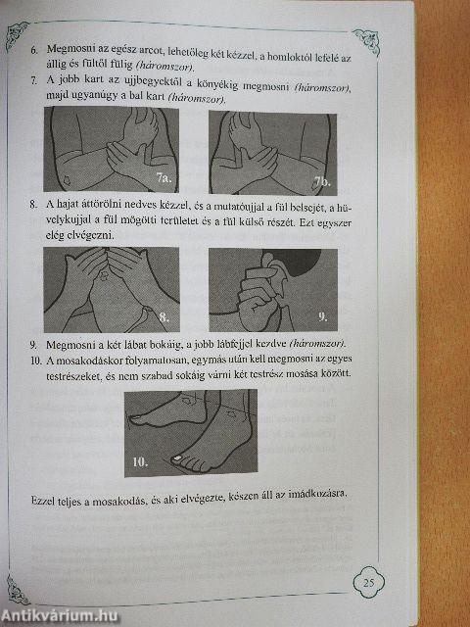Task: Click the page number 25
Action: [x=368, y=582]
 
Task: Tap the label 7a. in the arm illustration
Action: [x=164, y=177]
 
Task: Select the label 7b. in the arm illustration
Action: [x=321, y=182]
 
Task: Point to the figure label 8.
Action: [x=164, y=317]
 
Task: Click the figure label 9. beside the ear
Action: [x=323, y=317]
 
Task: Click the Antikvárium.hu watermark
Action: [x=59, y=616]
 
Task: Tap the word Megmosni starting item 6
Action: [x=66, y=50]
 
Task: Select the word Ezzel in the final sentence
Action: [x=43, y=502]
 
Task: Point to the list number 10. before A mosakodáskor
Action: [x=36, y=361]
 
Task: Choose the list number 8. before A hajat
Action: [x=33, y=205]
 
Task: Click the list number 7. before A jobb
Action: [x=34, y=80]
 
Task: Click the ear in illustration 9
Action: [x=272, y=267]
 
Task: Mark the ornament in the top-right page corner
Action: [x=366, y=41]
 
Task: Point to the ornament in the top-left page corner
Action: [x=17, y=35]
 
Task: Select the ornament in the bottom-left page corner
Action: [x=18, y=590]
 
